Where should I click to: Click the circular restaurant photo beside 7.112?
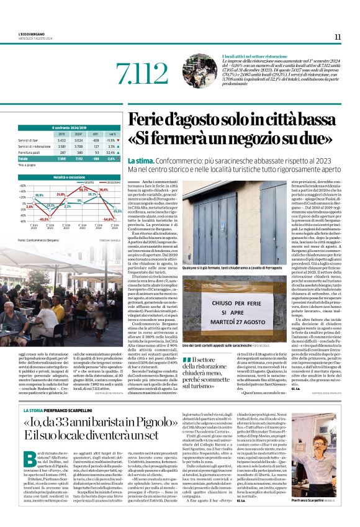point(200,71)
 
